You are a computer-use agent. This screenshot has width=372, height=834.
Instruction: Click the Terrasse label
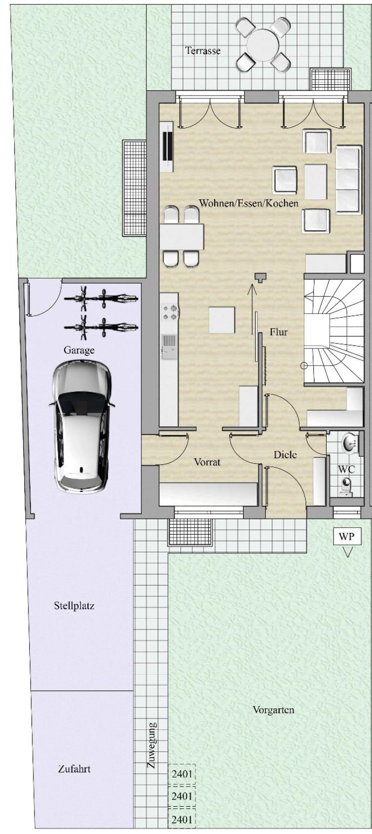(203, 51)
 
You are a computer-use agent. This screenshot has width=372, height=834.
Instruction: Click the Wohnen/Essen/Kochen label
(249, 203)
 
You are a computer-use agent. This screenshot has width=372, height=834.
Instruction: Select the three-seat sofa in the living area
(348, 180)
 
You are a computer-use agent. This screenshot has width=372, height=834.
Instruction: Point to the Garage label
(79, 350)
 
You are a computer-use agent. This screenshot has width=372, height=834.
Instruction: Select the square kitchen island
(221, 319)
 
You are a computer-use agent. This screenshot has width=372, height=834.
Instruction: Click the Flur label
(279, 332)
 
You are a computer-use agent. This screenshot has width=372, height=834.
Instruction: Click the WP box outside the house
(347, 537)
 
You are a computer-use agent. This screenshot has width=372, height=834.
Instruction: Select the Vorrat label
(208, 462)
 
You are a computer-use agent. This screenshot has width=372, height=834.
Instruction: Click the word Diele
(285, 454)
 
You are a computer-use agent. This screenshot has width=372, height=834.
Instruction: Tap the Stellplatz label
(74, 606)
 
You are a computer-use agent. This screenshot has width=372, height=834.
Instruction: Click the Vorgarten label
(273, 710)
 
